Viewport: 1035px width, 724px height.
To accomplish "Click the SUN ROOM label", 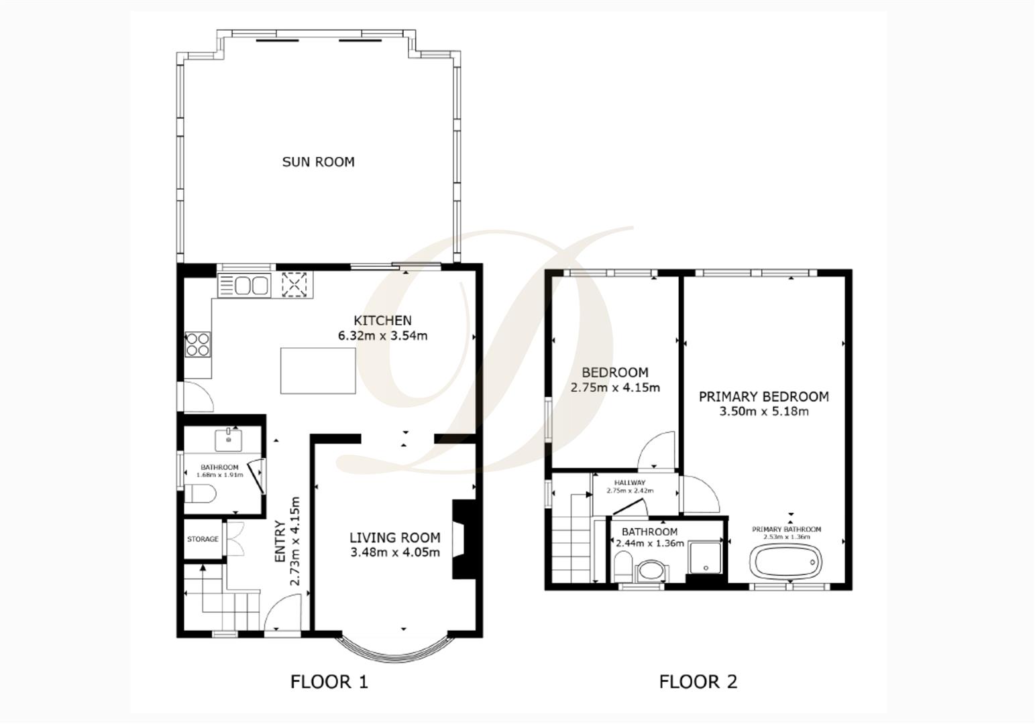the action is (x=319, y=162).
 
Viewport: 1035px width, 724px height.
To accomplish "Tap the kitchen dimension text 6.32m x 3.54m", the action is (x=382, y=336).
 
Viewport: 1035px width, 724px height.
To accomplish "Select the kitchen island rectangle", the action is (x=318, y=371).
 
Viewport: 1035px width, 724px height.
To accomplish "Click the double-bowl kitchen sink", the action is (x=244, y=286).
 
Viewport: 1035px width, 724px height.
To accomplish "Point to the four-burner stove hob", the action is (x=198, y=345).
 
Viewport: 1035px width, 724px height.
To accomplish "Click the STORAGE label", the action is (x=203, y=539).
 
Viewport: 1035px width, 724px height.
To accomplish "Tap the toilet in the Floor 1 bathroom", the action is (x=200, y=494).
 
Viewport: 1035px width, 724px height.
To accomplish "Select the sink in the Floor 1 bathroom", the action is (x=228, y=440).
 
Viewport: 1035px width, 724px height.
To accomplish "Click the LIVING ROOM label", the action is (x=394, y=538).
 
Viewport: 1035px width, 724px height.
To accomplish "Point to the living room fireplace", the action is (x=464, y=539).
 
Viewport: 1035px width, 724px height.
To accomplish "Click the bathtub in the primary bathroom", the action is (x=785, y=561).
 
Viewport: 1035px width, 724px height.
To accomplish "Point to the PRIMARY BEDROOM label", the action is (x=764, y=396).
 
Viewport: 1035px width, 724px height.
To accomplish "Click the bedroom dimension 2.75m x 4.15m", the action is (x=615, y=387).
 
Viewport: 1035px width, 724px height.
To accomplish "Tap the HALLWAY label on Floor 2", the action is (x=631, y=483).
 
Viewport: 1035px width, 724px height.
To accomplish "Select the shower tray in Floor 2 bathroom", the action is (x=705, y=558).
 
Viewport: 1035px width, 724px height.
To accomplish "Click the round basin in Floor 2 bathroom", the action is (x=652, y=572).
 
